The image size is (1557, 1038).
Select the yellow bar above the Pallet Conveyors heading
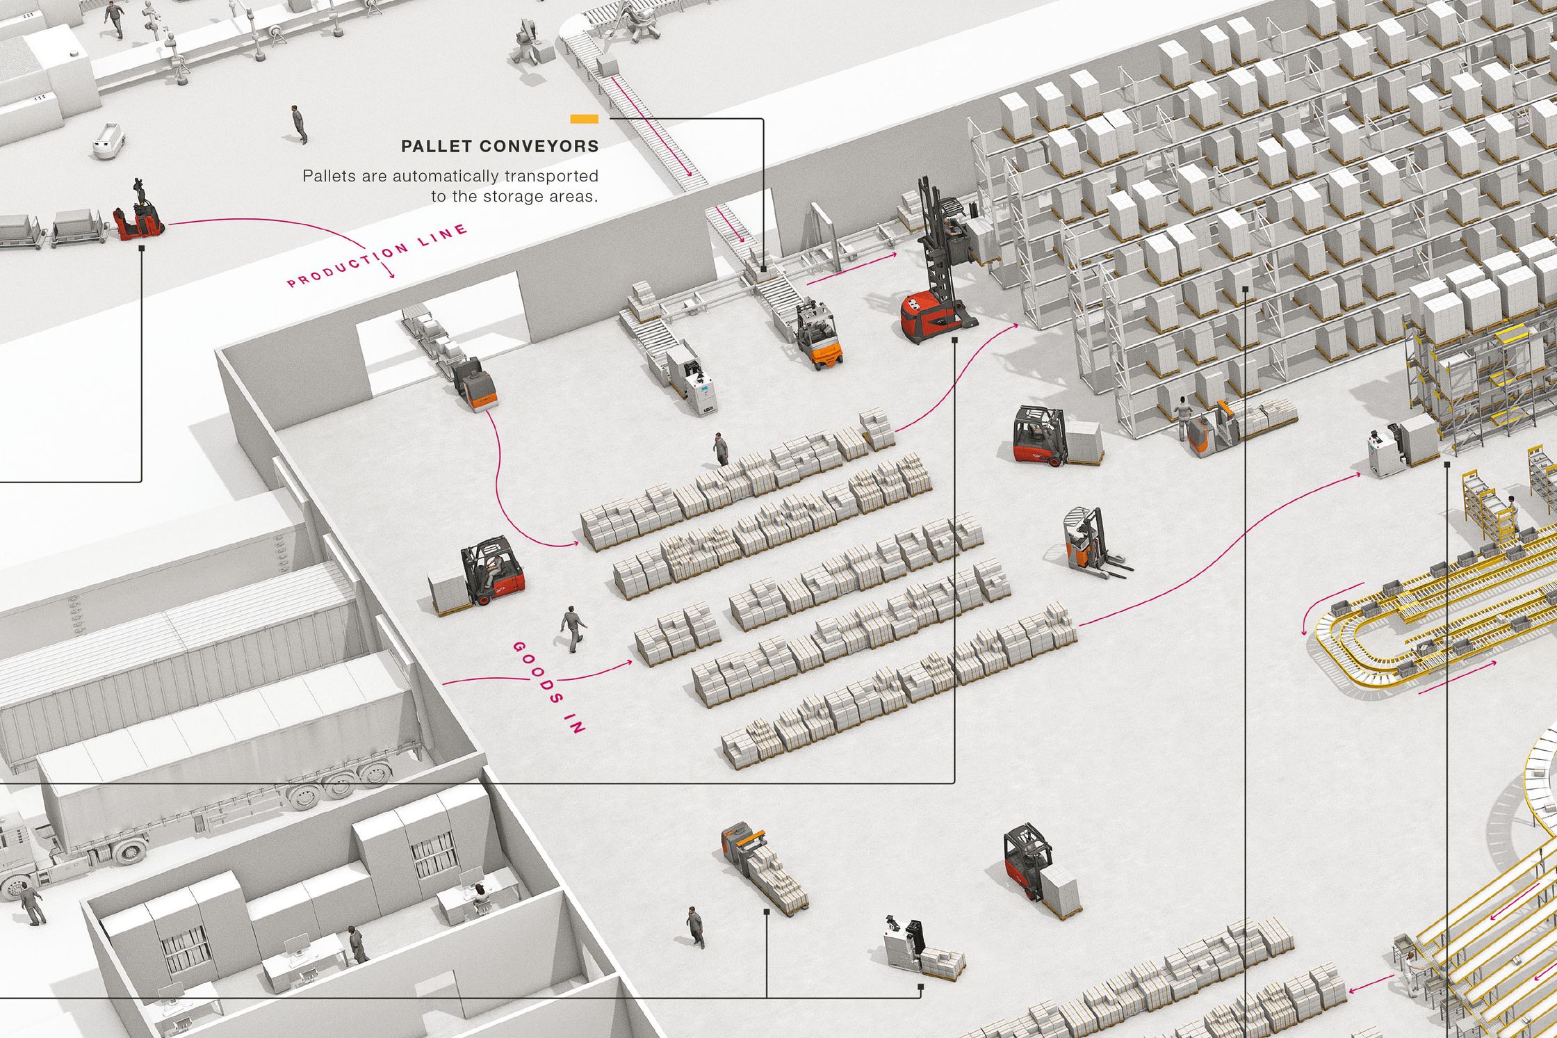tap(584, 120)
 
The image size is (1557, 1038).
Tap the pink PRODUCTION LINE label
tap(377, 255)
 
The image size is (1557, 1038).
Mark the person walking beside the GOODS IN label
tap(573, 629)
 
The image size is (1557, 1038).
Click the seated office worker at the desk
tap(480, 898)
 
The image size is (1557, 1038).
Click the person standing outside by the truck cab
tap(31, 904)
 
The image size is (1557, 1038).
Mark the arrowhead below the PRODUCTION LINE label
tap(391, 275)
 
